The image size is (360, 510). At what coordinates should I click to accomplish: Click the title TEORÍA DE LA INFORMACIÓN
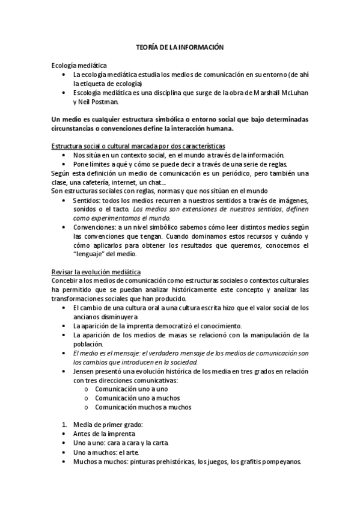(x=180, y=46)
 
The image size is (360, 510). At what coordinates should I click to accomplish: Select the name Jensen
(x=85, y=372)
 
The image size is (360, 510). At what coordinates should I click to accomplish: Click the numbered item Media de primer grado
(x=100, y=425)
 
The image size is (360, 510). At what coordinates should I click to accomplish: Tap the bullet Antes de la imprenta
(x=104, y=434)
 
